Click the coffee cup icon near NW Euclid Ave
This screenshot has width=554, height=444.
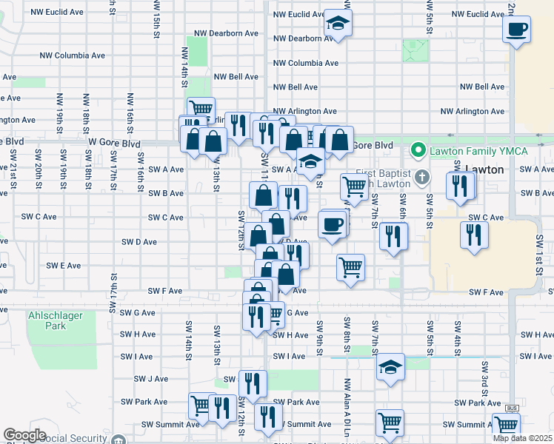(x=517, y=30)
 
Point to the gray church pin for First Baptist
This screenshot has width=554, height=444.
(x=422, y=177)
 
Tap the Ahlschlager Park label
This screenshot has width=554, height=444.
(x=56, y=320)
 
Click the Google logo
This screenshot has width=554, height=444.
(x=24, y=435)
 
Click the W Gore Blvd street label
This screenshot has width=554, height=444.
(x=114, y=143)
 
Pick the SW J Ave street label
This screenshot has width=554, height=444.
(x=151, y=379)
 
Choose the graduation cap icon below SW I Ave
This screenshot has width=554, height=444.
(x=390, y=368)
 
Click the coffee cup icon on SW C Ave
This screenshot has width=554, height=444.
(x=333, y=223)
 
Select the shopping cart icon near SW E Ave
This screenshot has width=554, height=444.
(x=350, y=266)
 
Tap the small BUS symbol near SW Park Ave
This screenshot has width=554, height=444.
(x=512, y=408)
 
